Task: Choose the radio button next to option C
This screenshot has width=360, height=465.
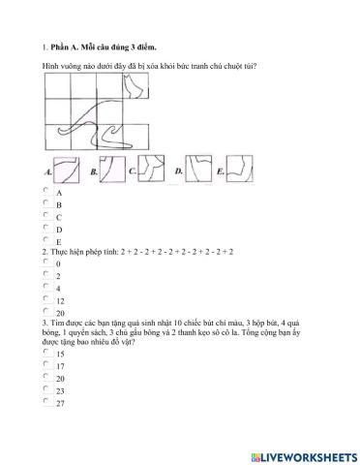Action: (45, 216)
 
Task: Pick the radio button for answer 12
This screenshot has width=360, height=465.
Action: (45, 298)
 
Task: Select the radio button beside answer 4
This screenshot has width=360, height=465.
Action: (45, 287)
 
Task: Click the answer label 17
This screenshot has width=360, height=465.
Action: (60, 367)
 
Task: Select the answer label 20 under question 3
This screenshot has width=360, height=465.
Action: (60, 379)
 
